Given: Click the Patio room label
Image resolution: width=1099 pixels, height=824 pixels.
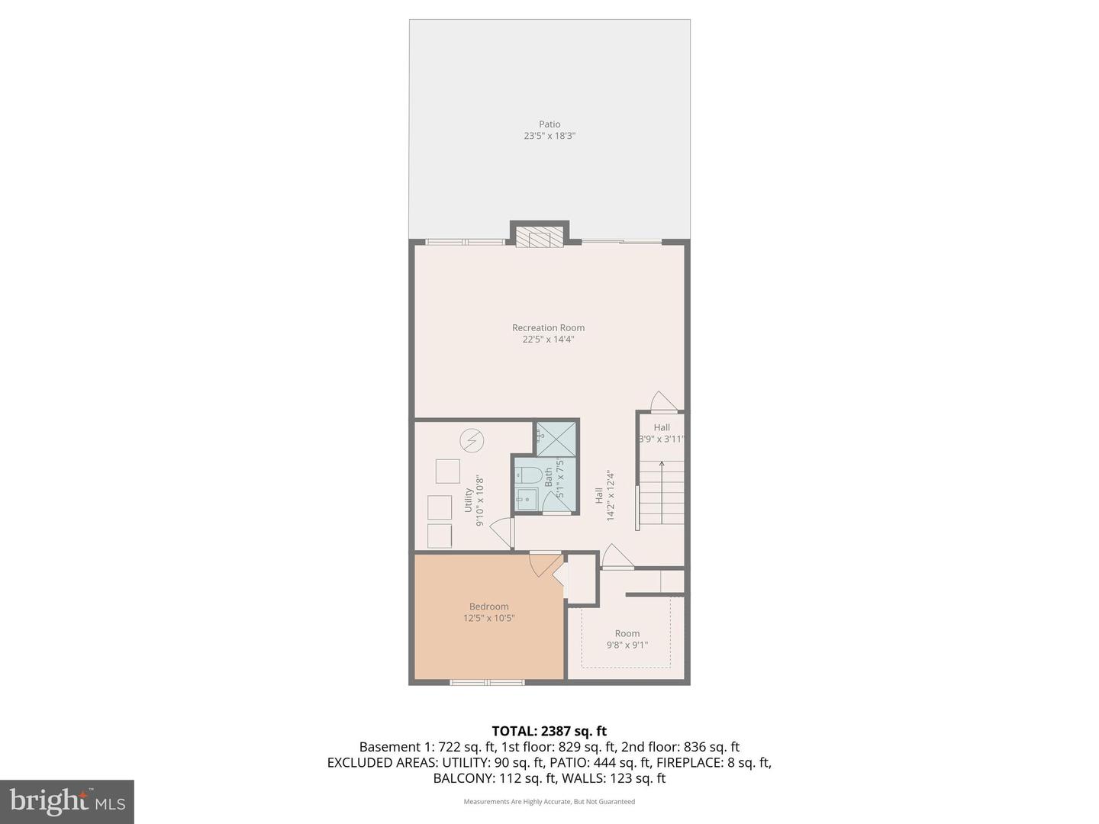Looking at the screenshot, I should [x=549, y=124].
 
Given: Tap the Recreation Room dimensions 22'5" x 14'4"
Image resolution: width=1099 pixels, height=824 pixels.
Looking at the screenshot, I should [x=548, y=340].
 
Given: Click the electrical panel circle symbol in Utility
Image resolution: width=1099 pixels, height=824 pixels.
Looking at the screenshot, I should [x=471, y=440].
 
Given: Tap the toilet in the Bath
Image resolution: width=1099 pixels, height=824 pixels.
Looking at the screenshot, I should [x=526, y=475].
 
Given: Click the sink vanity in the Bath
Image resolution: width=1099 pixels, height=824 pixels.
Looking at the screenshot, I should [x=526, y=501].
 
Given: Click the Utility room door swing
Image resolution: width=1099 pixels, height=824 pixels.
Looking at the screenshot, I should [x=501, y=532].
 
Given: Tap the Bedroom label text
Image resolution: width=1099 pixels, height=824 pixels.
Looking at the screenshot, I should [x=488, y=607].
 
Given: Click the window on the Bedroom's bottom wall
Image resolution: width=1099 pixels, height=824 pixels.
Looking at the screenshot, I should [x=488, y=681].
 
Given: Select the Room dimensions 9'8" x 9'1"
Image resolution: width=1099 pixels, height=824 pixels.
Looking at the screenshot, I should [x=627, y=645].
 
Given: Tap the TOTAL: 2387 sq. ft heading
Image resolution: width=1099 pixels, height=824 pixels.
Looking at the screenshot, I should [x=549, y=731].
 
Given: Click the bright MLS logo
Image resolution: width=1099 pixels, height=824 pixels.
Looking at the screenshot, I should [x=67, y=801].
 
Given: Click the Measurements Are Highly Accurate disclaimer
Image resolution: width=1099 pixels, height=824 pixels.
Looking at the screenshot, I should [x=549, y=802].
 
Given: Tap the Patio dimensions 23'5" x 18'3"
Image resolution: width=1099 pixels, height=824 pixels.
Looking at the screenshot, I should [x=549, y=136].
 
